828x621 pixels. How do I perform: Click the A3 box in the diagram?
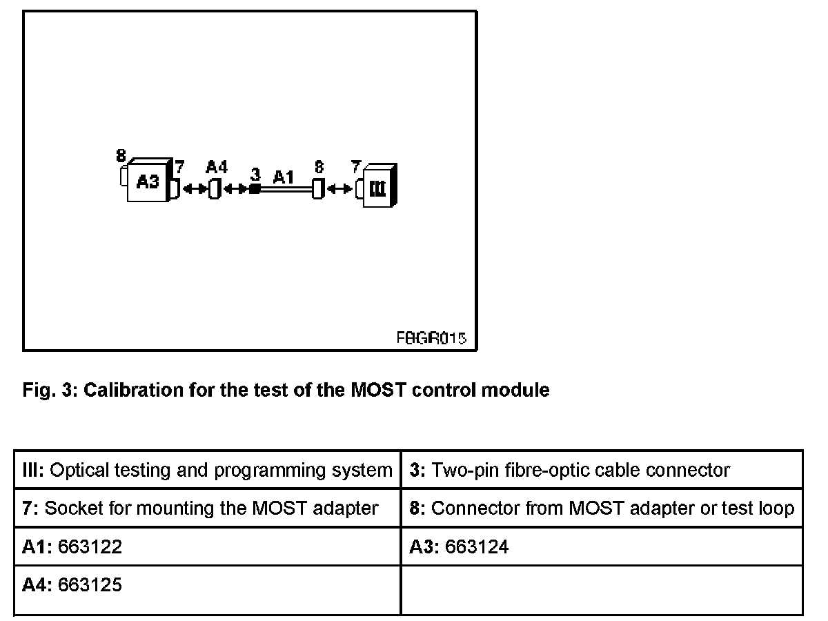point(148,182)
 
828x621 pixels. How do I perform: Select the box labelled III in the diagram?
point(377,187)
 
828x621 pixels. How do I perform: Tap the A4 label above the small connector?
point(216,167)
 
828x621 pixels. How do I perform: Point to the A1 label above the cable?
point(284,177)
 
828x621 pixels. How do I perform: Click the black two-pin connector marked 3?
point(255,188)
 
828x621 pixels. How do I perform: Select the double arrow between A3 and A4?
point(195,188)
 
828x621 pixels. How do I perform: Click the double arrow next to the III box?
point(339,188)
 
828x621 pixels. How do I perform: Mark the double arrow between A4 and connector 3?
point(235,188)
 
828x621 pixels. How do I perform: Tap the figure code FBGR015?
point(431,338)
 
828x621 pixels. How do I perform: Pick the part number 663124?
point(477,547)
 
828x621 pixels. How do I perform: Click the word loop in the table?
point(778,509)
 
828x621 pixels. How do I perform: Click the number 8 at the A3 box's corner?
point(121,156)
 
